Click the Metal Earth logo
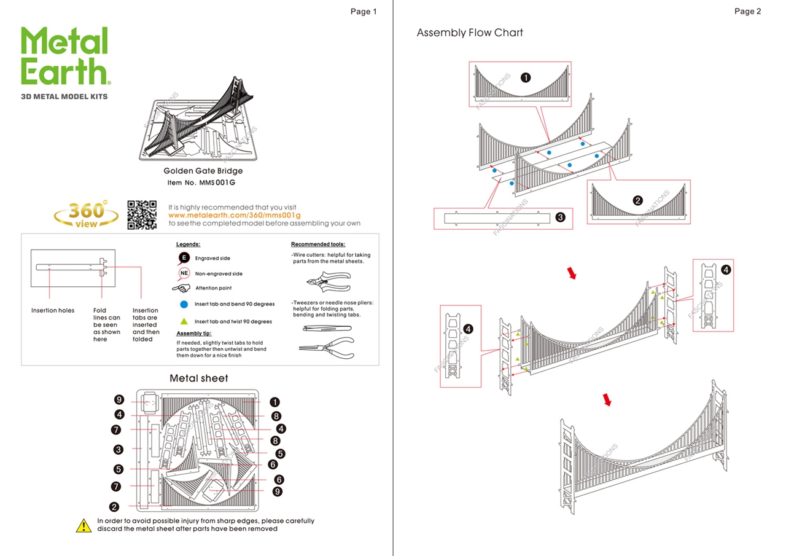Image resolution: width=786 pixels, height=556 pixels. tap(66, 57)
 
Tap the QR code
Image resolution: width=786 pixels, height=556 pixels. tap(142, 214)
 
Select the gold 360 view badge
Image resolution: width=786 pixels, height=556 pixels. tap(87, 214)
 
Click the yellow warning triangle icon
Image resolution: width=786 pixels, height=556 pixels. tap(84, 525)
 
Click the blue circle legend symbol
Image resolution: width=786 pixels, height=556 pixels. tap(184, 304)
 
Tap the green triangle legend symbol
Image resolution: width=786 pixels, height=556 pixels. tap(184, 321)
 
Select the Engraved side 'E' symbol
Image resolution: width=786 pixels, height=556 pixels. tap(184, 258)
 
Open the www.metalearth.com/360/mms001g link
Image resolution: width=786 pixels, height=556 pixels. tap(234, 216)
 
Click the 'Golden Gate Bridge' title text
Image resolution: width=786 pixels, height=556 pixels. tap(203, 171)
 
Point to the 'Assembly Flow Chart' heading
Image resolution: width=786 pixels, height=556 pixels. tap(470, 33)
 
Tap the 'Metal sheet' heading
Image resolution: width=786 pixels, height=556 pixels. tap(199, 378)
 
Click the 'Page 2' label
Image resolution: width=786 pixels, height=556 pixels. tap(747, 11)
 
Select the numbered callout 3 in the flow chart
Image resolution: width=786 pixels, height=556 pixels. tap(559, 216)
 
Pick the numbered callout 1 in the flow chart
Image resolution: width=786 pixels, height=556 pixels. tap(526, 77)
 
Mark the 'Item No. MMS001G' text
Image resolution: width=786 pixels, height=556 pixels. tap(201, 183)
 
